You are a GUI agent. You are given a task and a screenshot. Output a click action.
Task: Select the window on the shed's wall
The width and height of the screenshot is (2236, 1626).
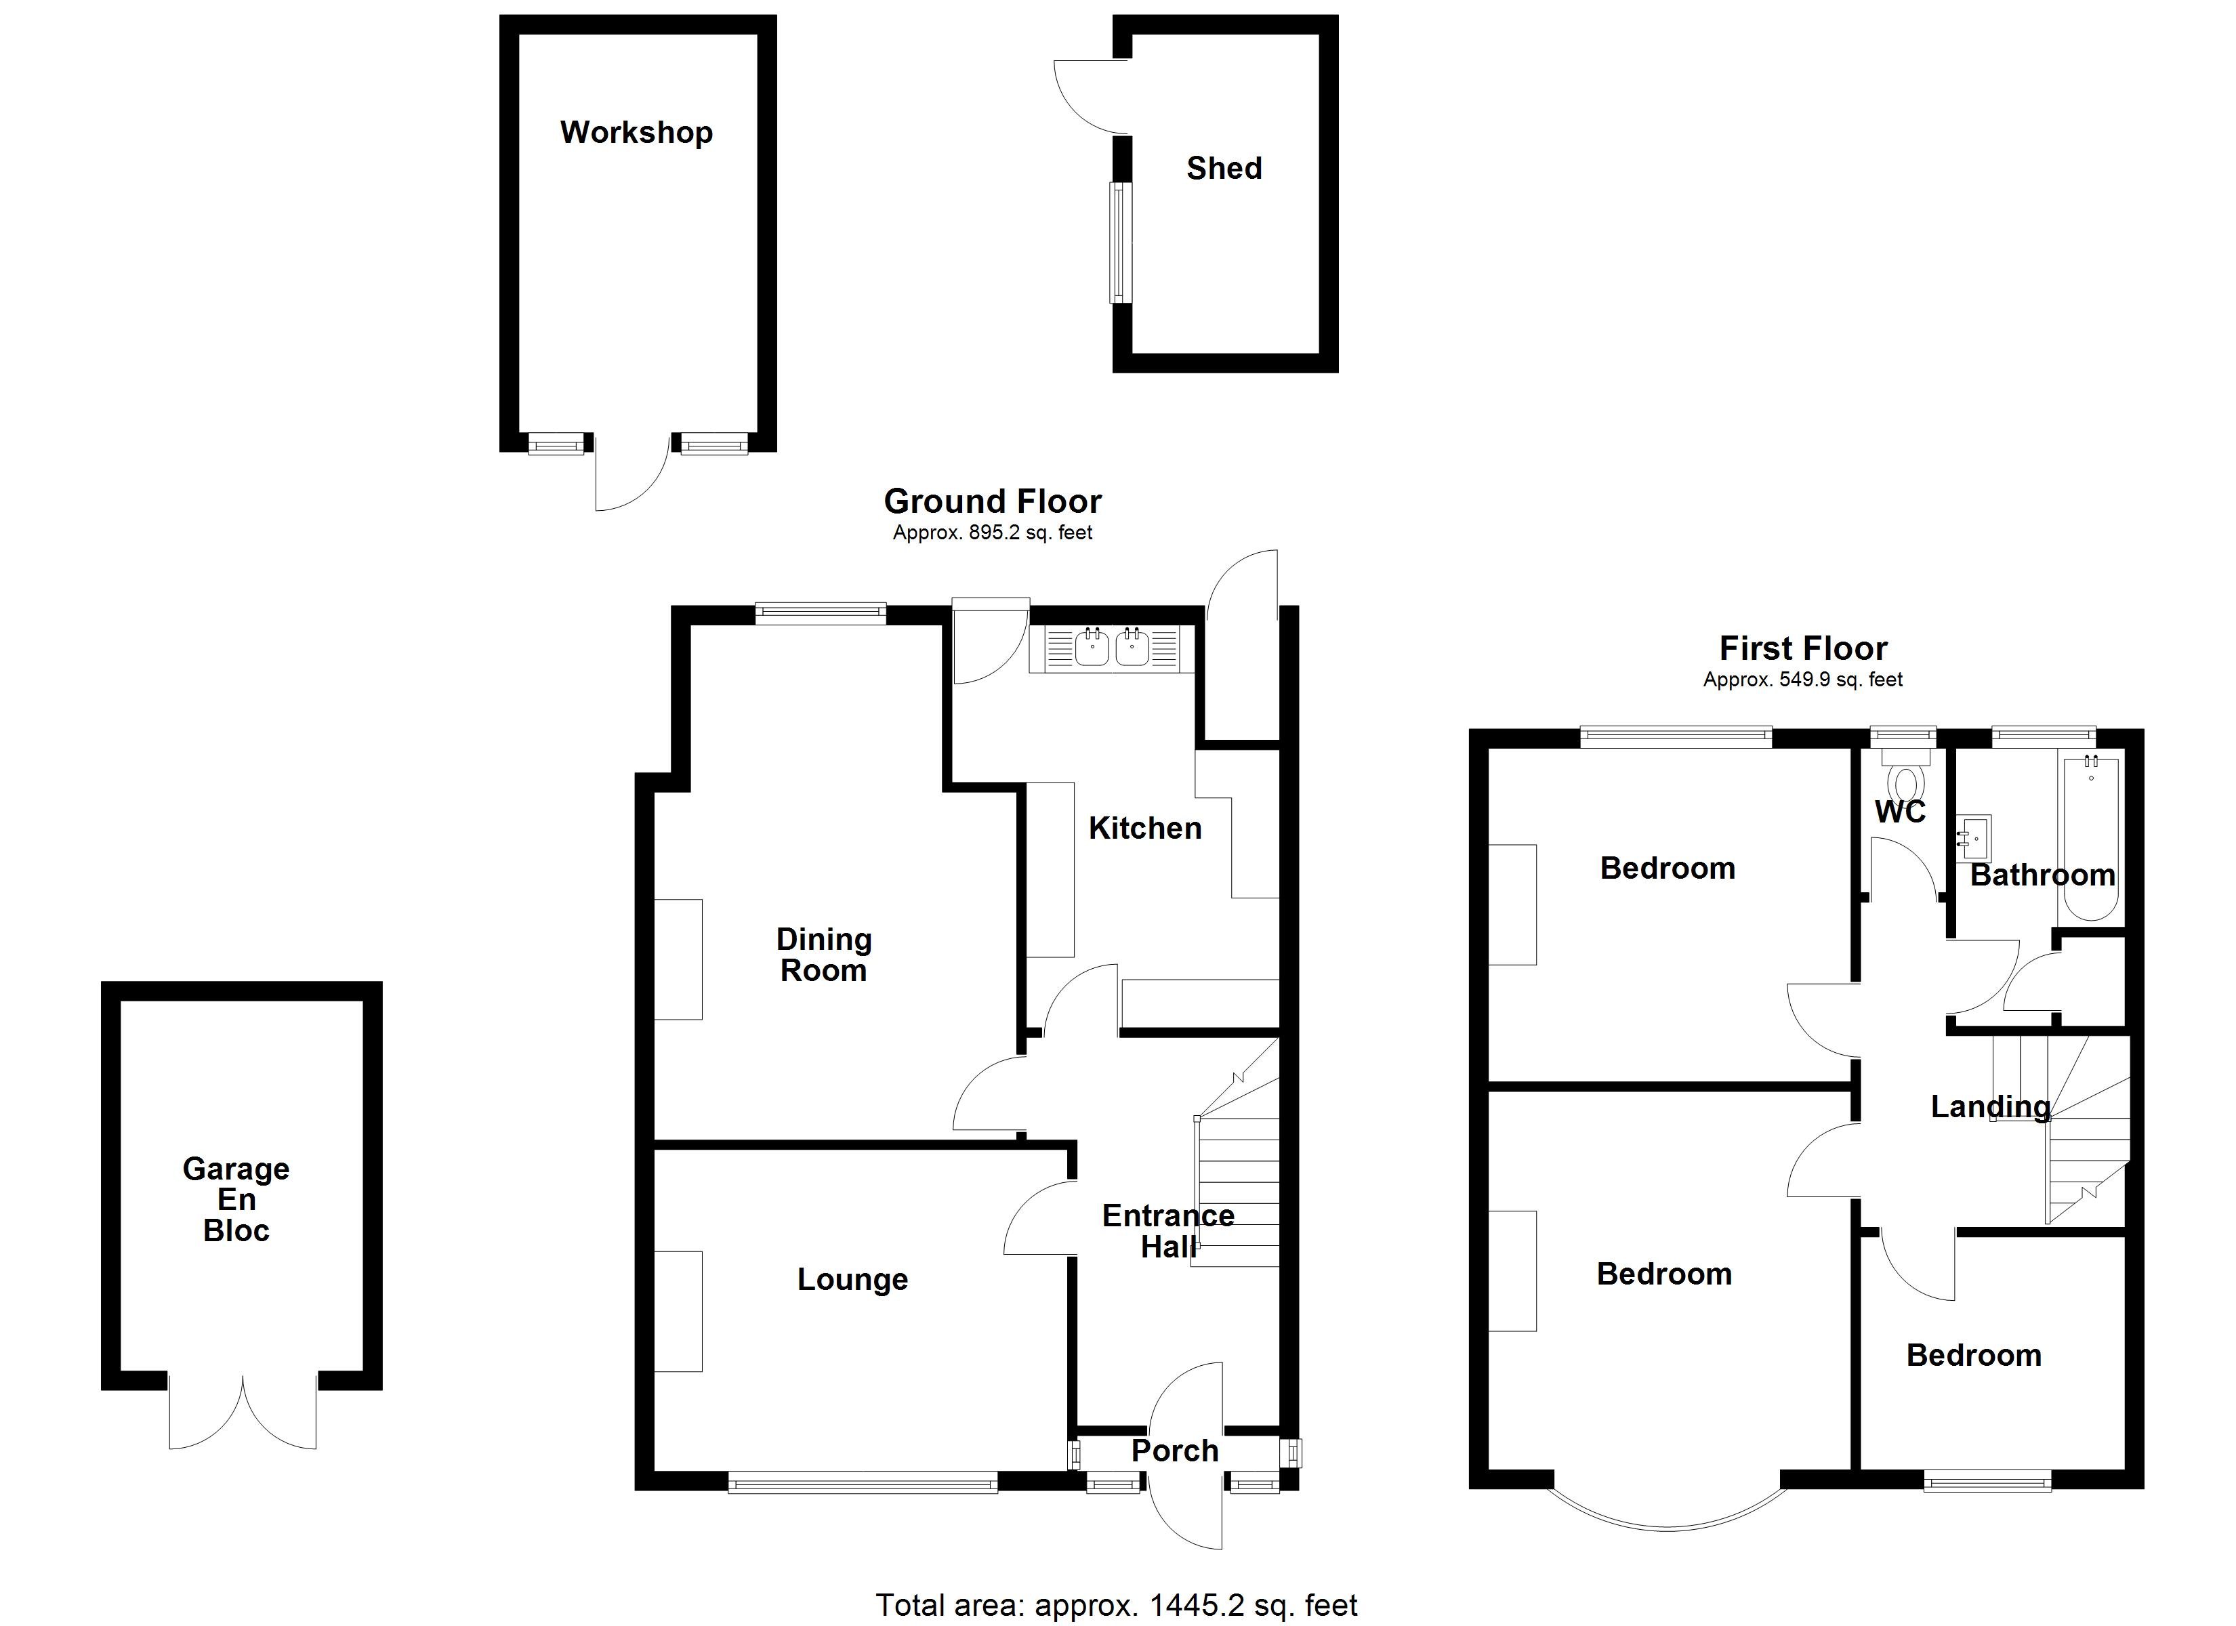1121,243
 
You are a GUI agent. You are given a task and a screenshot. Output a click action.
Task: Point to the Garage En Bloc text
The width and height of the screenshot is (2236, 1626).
236,1199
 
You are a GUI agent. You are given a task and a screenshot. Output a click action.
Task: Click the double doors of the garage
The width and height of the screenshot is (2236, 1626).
243,1412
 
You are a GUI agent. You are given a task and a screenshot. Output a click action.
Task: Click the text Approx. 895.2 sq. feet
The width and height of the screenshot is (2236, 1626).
992,533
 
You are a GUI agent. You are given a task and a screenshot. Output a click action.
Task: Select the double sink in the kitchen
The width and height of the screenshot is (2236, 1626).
1111,648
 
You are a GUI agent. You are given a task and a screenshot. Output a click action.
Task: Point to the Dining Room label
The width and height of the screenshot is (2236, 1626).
823,955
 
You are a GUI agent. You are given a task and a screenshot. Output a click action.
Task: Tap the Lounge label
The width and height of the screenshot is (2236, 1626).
852,1279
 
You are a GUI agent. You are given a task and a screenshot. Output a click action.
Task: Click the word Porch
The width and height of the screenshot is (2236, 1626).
1174,1451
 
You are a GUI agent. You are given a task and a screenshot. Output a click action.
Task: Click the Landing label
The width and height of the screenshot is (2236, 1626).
1989,1106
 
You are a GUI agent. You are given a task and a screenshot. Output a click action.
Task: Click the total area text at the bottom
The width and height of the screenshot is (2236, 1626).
1116,1605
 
